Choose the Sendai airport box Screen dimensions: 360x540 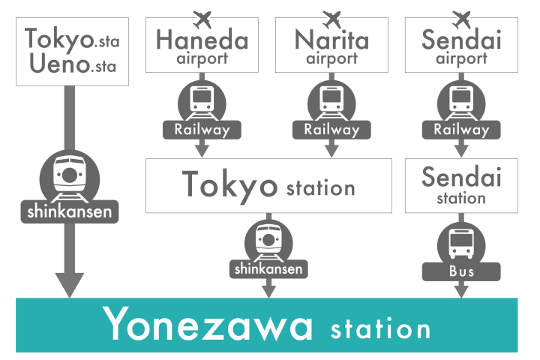click(461, 45)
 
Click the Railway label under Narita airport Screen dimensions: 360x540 click(331, 129)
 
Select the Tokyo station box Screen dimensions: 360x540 click(268, 184)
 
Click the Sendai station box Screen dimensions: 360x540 click(461, 185)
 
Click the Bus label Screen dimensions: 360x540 click(461, 271)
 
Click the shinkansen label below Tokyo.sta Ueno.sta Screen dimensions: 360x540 click(69, 211)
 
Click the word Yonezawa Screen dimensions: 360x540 click(208, 325)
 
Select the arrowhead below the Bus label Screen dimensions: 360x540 click(461, 290)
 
